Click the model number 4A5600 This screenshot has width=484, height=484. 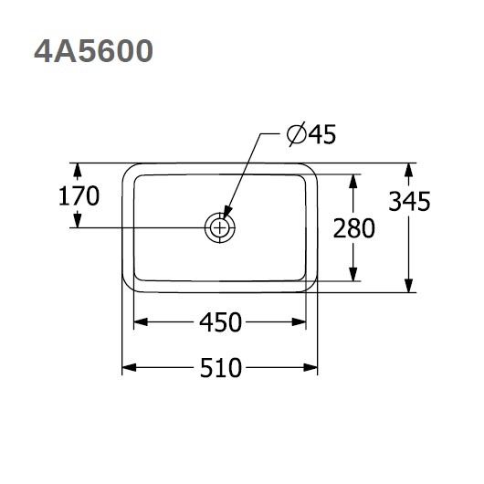pyautogui.click(x=93, y=51)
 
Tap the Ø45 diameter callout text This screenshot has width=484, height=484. pyautogui.click(x=311, y=134)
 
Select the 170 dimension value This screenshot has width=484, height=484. pyautogui.click(x=79, y=195)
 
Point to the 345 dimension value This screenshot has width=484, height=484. pyautogui.click(x=409, y=201)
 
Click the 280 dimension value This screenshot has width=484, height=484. pyautogui.click(x=354, y=228)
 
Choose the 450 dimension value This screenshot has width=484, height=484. pyautogui.click(x=220, y=322)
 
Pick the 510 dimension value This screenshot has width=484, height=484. pyautogui.click(x=220, y=368)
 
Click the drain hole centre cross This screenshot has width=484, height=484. pyautogui.click(x=219, y=228)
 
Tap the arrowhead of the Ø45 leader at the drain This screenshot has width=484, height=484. pyautogui.click(x=226, y=213)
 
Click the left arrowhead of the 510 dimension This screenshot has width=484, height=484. pyautogui.click(x=129, y=368)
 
